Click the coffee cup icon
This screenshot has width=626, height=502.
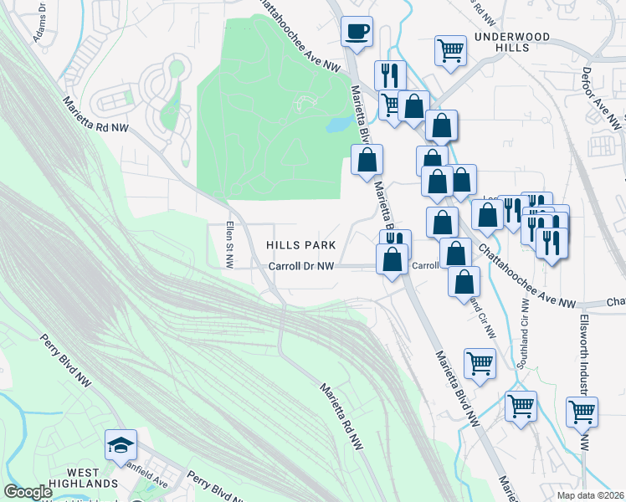click(x=357, y=32)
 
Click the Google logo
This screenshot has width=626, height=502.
click(x=28, y=492)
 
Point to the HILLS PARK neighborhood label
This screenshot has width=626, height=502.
click(x=300, y=245)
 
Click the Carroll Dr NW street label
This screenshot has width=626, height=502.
click(x=301, y=266)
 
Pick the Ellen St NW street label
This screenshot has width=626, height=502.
click(x=228, y=246)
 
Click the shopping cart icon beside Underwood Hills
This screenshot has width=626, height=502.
click(x=450, y=50)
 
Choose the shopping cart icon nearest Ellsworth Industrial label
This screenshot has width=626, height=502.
click(x=582, y=411)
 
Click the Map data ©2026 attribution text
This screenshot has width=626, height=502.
click(x=590, y=495)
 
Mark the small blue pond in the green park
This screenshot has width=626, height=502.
click(x=339, y=124)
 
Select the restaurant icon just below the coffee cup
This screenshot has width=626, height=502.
click(x=390, y=74)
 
